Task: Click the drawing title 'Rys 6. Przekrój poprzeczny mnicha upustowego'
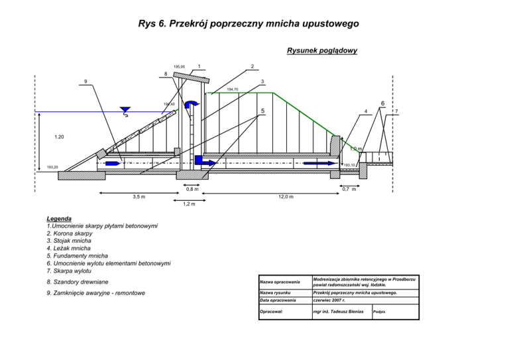click(x=249, y=25)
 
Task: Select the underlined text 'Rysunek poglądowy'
click(x=322, y=50)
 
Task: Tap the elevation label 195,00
click(x=179, y=67)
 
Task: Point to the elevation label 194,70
click(x=233, y=89)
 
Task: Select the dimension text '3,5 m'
click(x=139, y=197)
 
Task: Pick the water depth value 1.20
click(x=60, y=137)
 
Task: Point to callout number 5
click(x=262, y=111)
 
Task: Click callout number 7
click(x=396, y=111)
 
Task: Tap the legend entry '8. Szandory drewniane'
click(x=82, y=282)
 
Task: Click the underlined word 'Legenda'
click(x=59, y=219)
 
